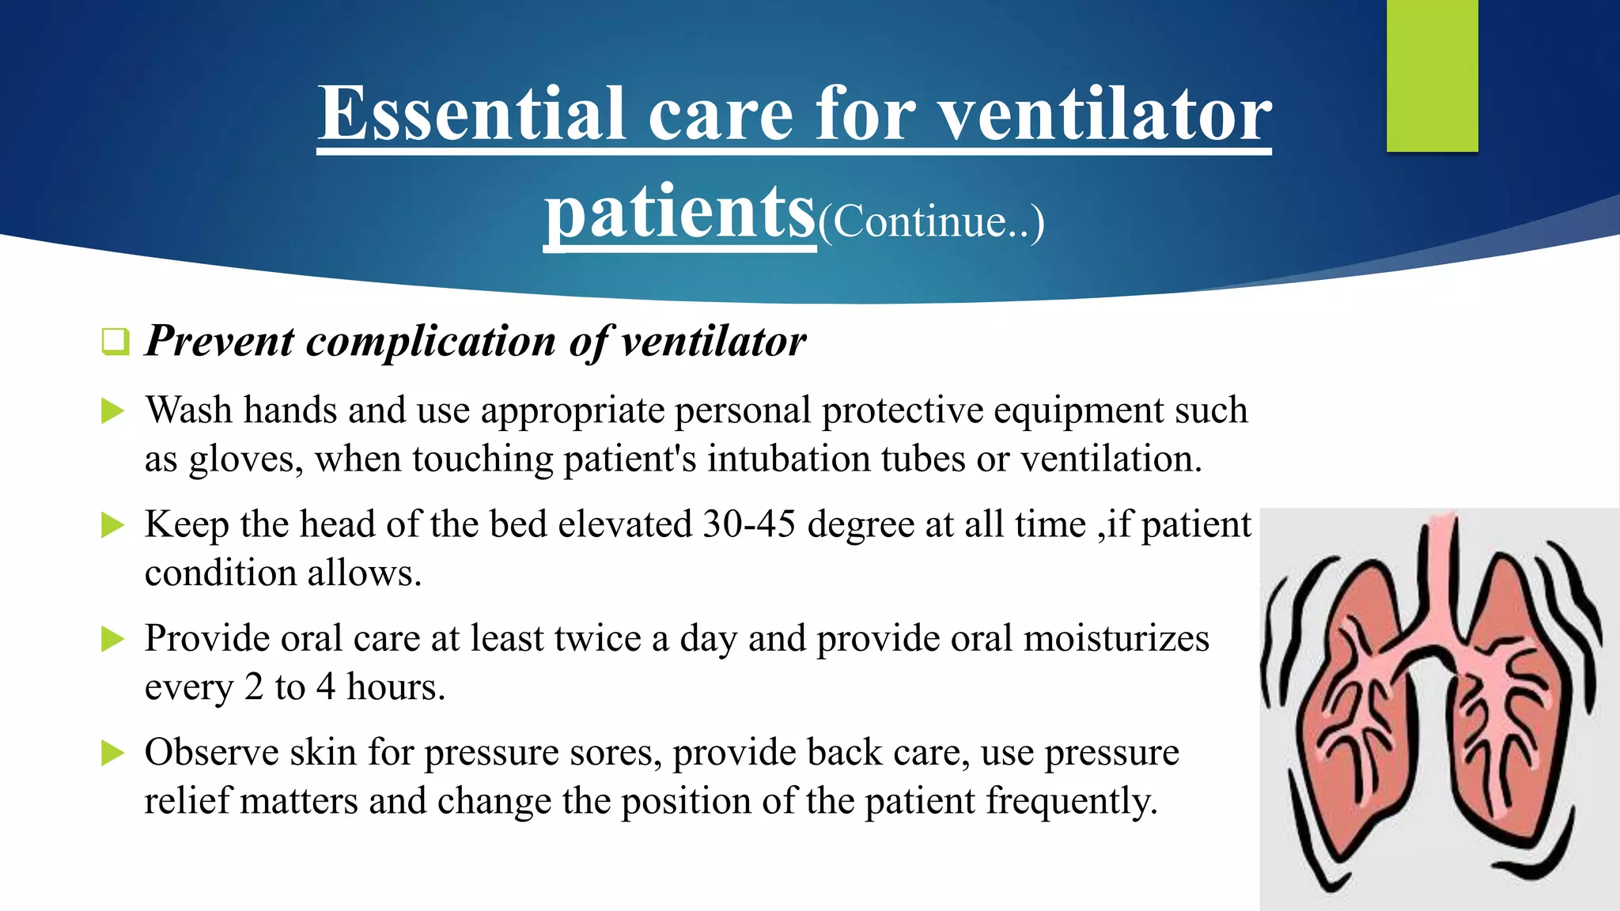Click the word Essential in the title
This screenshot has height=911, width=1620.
(472, 115)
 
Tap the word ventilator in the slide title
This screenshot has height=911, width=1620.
(1104, 115)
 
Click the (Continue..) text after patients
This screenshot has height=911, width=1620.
(931, 222)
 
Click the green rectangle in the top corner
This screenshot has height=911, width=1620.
(1432, 75)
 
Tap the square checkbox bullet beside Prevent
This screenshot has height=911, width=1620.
(115, 342)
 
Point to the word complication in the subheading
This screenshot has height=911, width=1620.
(431, 342)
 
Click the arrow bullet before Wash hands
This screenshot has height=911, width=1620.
(113, 411)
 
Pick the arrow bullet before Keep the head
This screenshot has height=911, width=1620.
(113, 525)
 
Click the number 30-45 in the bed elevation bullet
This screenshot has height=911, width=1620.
(748, 525)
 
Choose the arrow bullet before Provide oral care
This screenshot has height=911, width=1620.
(113, 639)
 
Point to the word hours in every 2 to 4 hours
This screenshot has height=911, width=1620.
(396, 687)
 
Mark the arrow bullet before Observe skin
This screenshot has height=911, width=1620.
(113, 753)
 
